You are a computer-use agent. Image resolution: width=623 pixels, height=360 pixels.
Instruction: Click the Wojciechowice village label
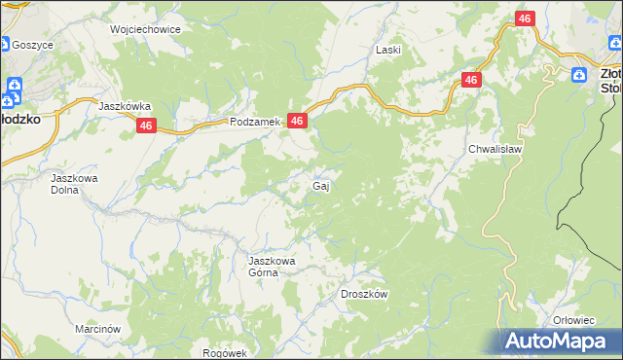(x=146, y=29)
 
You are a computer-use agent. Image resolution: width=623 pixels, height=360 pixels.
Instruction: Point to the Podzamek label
(x=254, y=122)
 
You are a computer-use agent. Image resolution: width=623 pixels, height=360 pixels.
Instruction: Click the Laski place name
(x=388, y=49)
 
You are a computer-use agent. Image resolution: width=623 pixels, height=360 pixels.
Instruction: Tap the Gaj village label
(x=319, y=185)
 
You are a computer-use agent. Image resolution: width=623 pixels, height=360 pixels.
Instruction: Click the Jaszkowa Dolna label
(x=76, y=185)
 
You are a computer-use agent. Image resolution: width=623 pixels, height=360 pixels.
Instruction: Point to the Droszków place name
(x=365, y=294)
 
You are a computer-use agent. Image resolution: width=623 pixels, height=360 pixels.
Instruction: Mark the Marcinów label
(x=97, y=329)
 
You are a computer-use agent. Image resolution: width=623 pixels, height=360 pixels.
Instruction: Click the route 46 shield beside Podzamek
(x=298, y=121)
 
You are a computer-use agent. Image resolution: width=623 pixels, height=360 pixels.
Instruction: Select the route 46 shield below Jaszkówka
(x=146, y=126)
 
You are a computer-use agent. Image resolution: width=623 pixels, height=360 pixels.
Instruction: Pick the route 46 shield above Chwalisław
(x=471, y=81)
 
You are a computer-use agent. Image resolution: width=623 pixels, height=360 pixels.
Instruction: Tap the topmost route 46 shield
(x=525, y=18)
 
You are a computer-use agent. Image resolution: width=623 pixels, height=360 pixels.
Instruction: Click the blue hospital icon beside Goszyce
(x=5, y=44)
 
